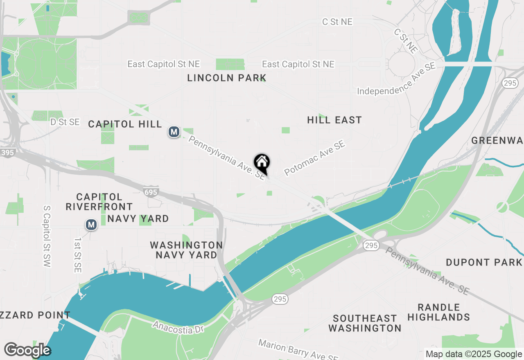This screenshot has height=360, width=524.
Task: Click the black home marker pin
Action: click(262, 163)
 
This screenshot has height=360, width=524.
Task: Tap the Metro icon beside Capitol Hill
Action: click(174, 132)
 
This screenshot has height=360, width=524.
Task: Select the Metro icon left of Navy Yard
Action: click(91, 225)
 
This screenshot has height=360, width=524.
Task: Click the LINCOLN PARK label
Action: click(227, 78)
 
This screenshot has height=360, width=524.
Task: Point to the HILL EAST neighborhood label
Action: click(334, 120)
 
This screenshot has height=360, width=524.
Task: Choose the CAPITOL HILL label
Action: click(125, 124)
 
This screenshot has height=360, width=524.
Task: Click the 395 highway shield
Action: click(7, 153)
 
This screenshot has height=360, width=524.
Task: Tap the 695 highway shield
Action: click(151, 191)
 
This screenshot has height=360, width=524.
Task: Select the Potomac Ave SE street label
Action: click(315, 158)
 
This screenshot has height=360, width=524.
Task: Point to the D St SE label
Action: click(65, 122)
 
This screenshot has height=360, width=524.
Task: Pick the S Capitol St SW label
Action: click(47, 236)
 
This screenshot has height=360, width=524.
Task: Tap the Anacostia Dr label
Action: click(178, 327)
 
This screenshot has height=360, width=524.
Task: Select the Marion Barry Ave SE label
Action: click(298, 350)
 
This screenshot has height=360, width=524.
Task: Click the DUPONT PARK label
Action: click(484, 262)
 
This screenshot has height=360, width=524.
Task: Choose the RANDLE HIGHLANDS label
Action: click(438, 312)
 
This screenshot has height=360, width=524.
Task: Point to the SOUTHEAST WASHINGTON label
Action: click(365, 323)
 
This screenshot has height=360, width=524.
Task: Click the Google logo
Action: click(27, 350)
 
